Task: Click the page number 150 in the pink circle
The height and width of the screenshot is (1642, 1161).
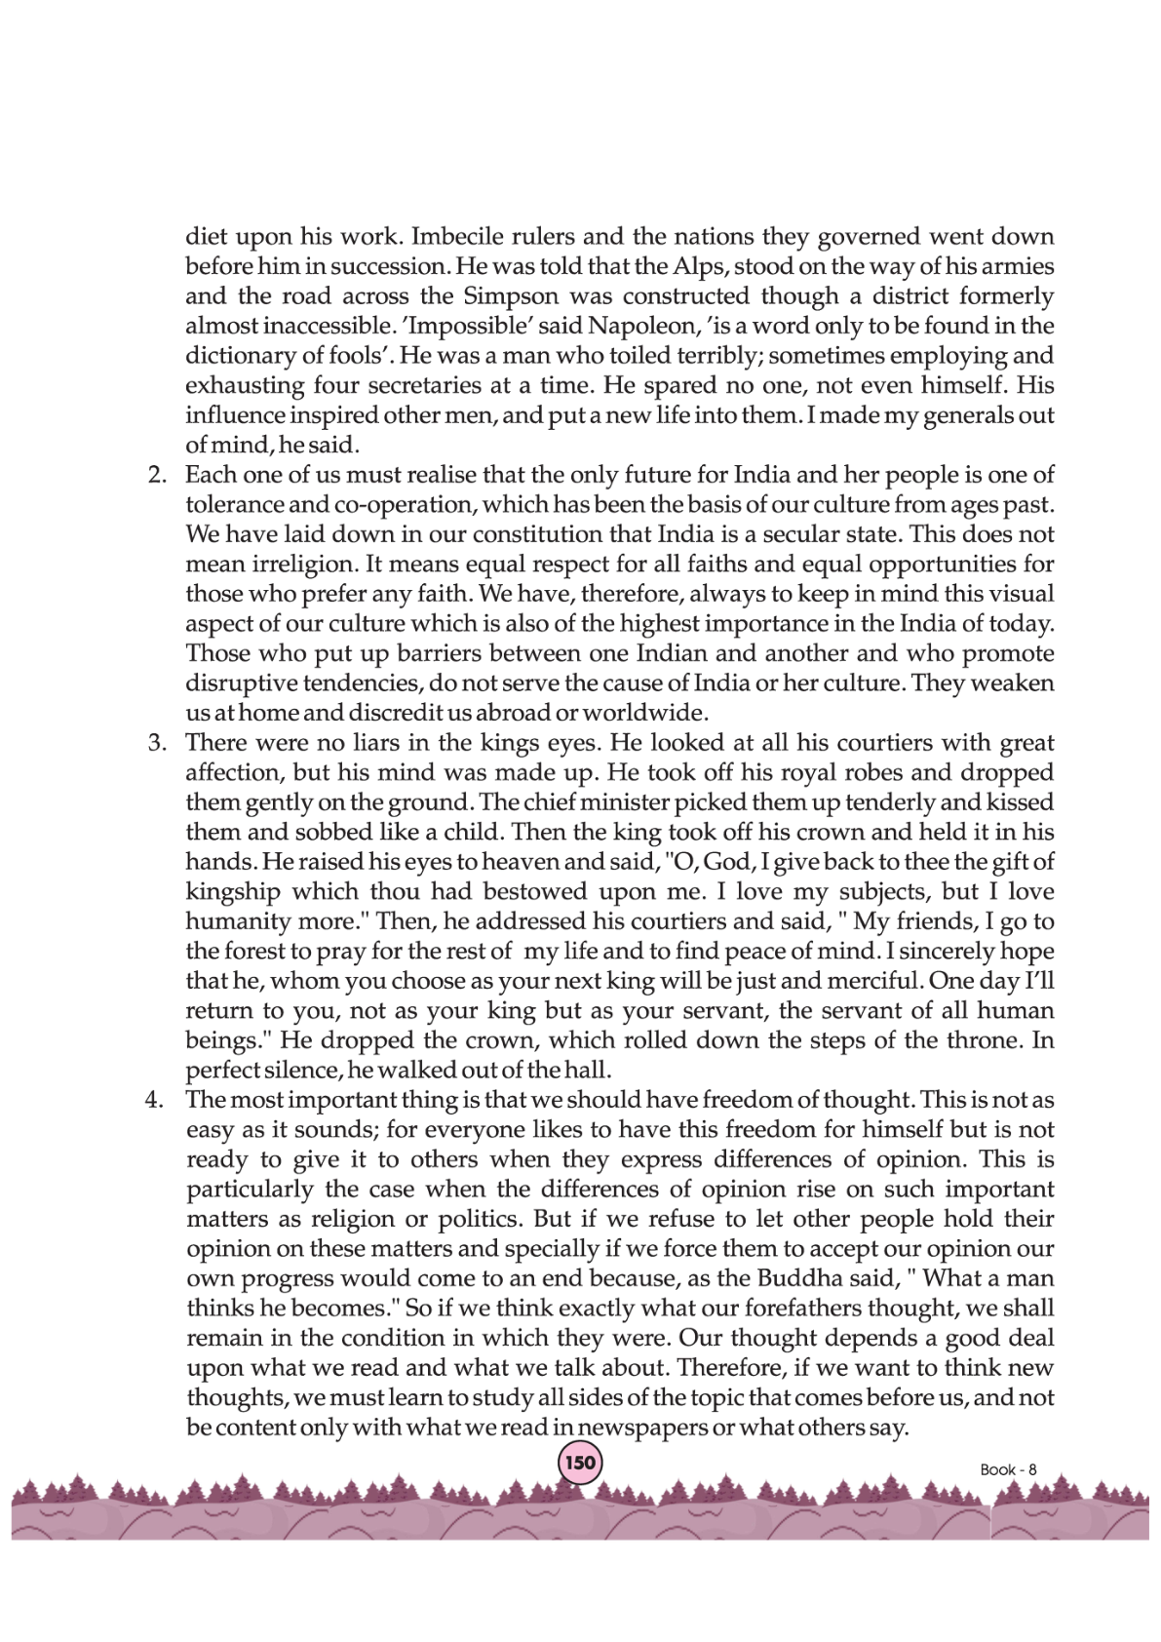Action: tap(579, 1463)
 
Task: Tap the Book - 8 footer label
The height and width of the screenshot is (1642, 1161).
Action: tap(1008, 1469)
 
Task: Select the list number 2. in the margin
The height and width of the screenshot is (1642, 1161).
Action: tap(157, 476)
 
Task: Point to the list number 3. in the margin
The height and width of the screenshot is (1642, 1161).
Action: tap(157, 743)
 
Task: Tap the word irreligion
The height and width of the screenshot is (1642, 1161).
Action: tap(301, 565)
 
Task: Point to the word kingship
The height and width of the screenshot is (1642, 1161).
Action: tap(233, 892)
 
